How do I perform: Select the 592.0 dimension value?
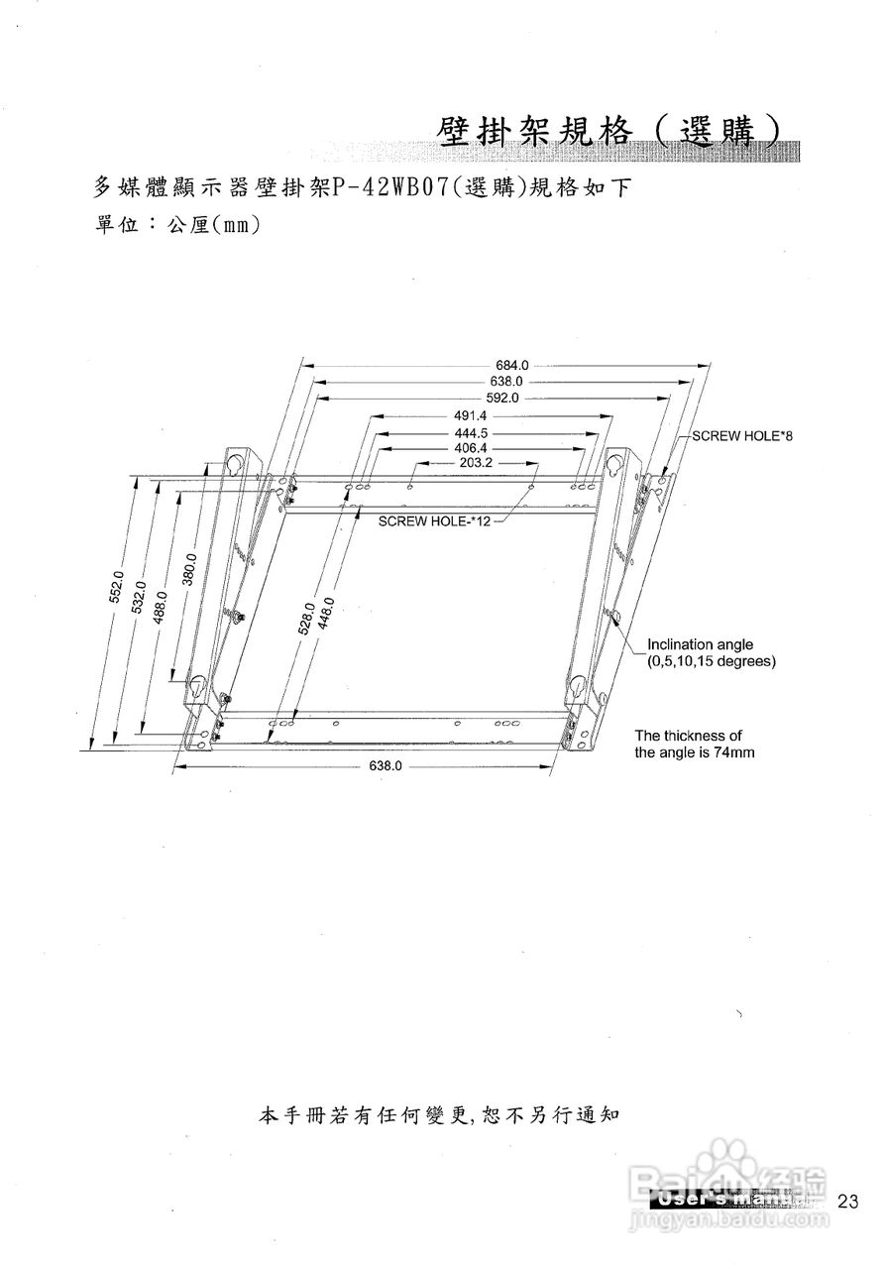coord(502,398)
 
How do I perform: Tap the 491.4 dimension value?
coord(471,416)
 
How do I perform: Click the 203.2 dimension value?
coord(477,463)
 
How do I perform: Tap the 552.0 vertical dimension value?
coord(116,587)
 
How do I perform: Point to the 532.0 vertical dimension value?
coord(141,597)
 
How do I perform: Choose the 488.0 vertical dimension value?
coord(161,605)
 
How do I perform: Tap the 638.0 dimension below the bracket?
coord(386,766)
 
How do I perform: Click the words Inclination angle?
coord(700,644)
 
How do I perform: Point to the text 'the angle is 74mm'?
coord(695,752)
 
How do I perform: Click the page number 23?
coord(847,1202)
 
